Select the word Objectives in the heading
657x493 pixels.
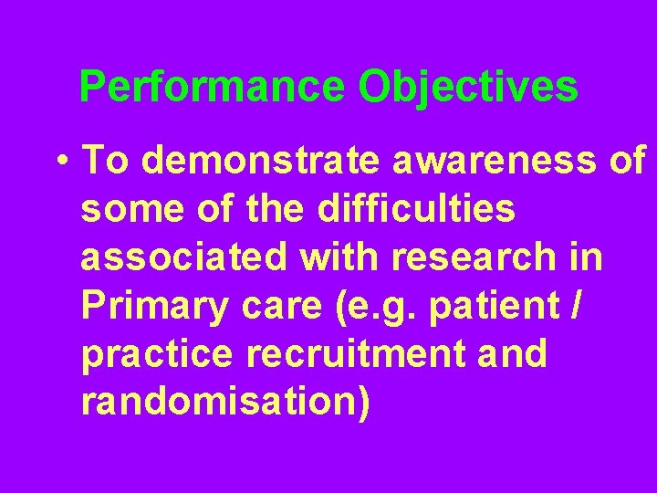pyautogui.click(x=468, y=88)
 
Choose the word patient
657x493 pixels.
pyautogui.click(x=493, y=307)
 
